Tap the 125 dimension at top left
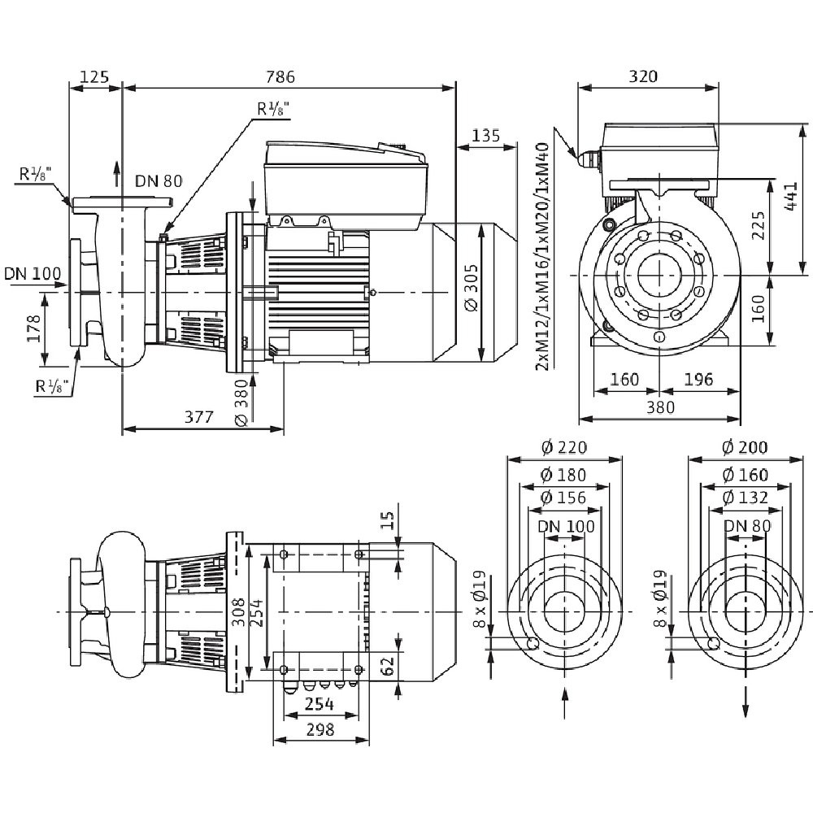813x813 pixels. [95, 76]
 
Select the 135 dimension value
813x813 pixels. [485, 135]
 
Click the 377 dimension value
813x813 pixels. [198, 417]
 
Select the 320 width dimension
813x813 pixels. [643, 76]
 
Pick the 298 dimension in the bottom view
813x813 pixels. [320, 730]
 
